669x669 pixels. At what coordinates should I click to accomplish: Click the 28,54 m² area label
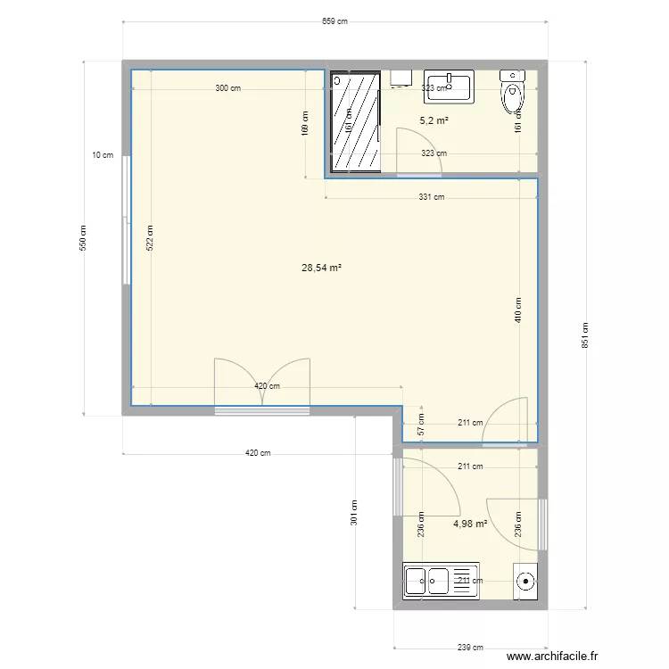click(x=323, y=267)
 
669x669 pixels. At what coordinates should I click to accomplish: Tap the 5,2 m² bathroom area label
click(x=434, y=120)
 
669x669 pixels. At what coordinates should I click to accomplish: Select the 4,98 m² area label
click(x=470, y=524)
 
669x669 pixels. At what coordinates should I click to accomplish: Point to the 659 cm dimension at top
click(x=334, y=21)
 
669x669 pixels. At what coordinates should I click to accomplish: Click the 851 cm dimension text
click(x=584, y=334)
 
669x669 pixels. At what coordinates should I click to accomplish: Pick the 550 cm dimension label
click(x=84, y=236)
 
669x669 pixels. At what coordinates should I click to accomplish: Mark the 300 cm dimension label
click(x=227, y=88)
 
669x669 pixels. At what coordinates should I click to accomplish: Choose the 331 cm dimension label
click(x=432, y=197)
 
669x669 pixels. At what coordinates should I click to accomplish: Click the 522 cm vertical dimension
click(x=151, y=237)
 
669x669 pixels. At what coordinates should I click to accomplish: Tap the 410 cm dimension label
click(x=518, y=311)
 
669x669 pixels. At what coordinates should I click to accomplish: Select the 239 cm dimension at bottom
click(x=471, y=648)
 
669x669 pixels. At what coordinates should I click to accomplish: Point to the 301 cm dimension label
click(x=354, y=511)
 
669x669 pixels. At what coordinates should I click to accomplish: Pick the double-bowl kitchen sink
click(x=427, y=581)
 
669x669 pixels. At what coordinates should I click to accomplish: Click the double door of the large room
click(x=261, y=384)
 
